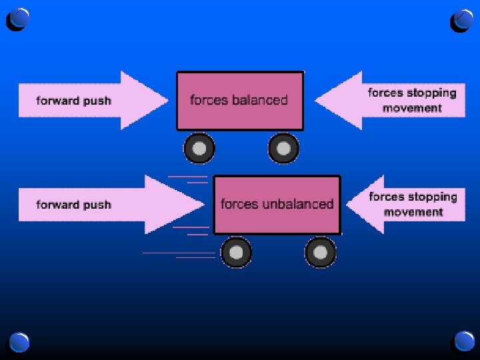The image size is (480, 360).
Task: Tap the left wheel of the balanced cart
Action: pos(199,149)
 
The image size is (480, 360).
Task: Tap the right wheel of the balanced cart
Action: pos(283,149)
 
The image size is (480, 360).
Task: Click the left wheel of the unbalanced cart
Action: pos(236,253)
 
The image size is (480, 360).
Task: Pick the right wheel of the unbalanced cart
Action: pos(321,253)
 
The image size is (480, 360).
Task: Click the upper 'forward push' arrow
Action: pos(93,101)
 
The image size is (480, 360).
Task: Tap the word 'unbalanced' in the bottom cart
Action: pos(297,204)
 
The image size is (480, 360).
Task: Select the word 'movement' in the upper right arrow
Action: pos(412,108)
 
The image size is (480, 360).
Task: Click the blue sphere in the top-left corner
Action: pos(20,19)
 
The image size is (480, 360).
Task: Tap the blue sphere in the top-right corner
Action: pos(462,19)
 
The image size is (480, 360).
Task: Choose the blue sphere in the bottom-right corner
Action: pos(463,342)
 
